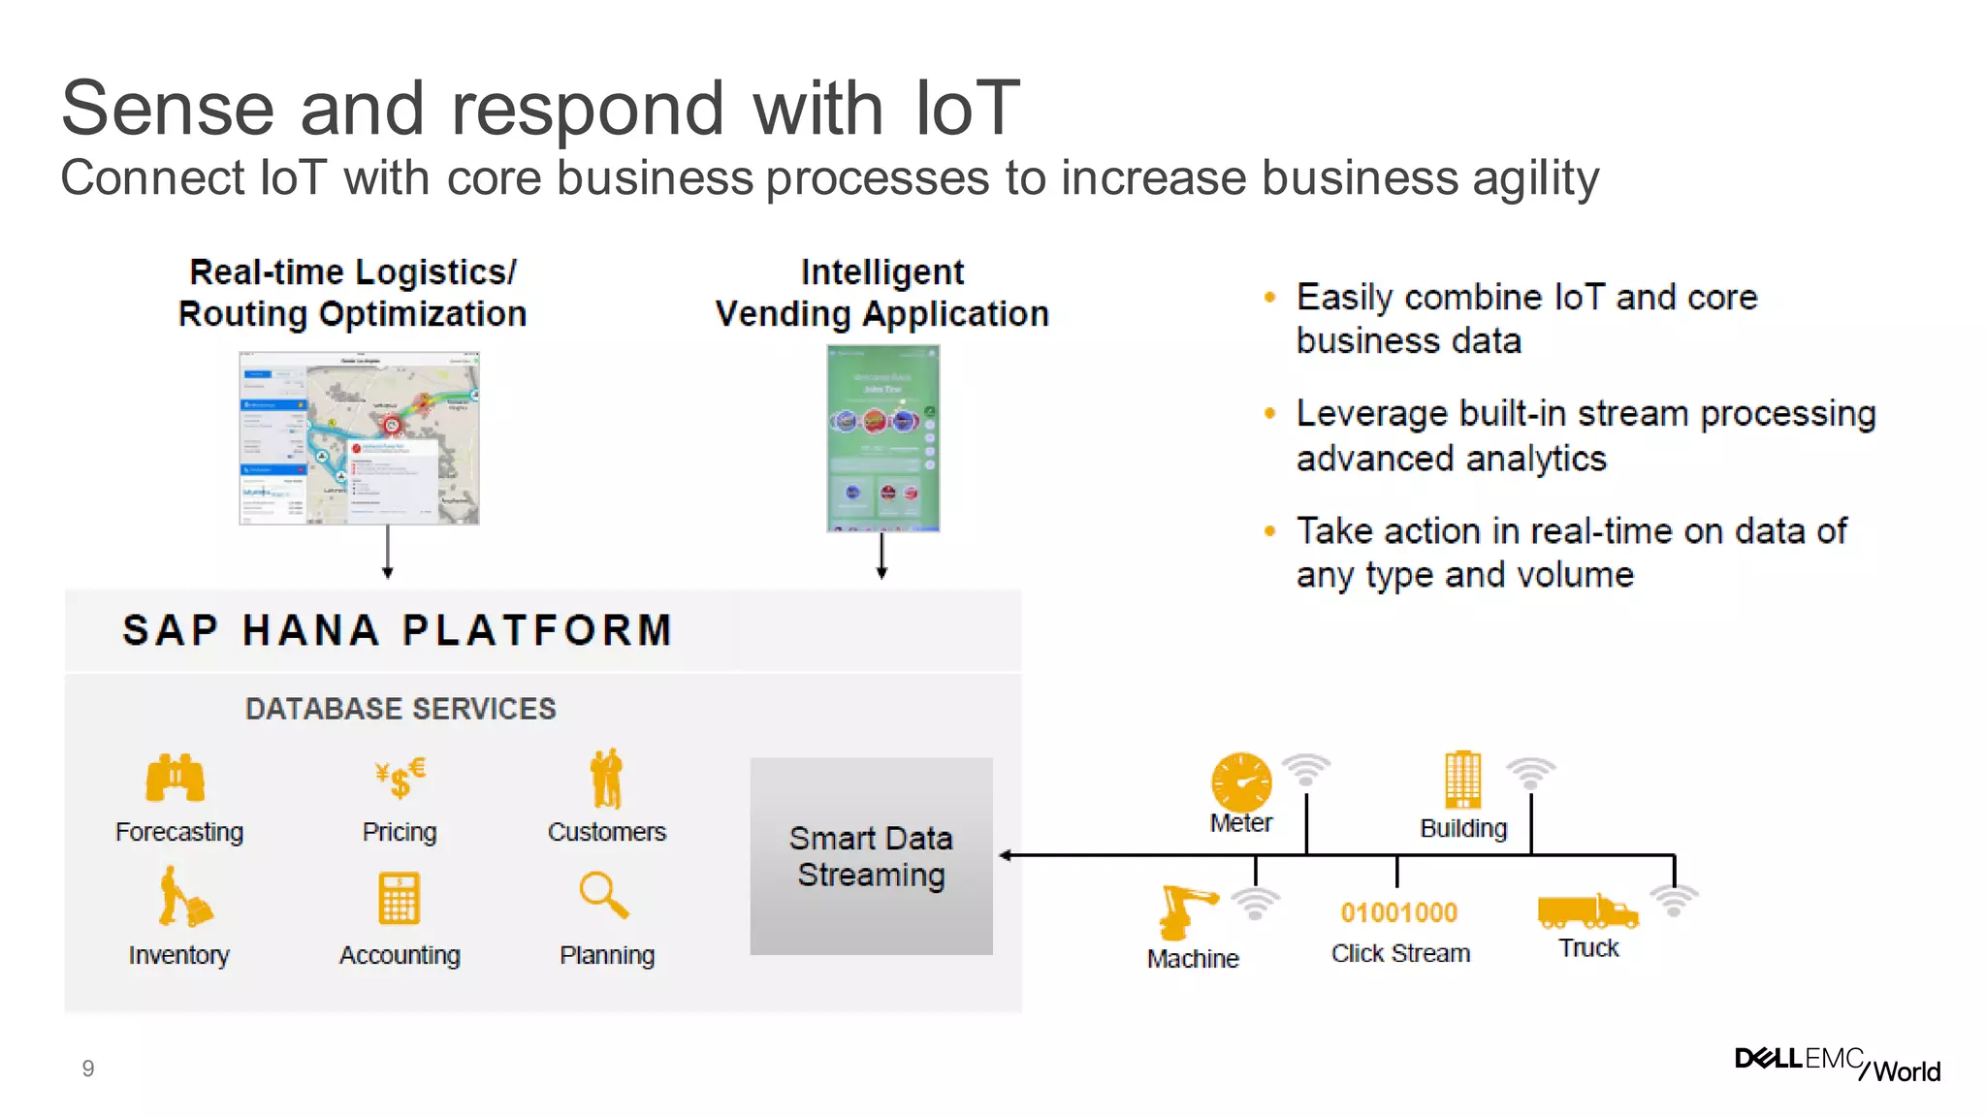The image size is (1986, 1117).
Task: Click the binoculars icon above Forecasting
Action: tap(176, 778)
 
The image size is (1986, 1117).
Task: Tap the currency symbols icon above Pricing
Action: tap(400, 778)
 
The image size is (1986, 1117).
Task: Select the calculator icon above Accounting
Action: tap(399, 898)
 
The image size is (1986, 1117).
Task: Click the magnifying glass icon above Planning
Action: tap(603, 895)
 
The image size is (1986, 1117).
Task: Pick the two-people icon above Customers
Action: tap(607, 779)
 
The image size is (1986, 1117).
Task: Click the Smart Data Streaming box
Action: tap(871, 855)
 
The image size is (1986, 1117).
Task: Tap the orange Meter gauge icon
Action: tap(1241, 782)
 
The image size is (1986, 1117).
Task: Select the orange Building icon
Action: tap(1462, 780)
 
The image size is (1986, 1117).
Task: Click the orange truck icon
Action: tap(1586, 911)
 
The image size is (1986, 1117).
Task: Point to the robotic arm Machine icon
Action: tap(1186, 911)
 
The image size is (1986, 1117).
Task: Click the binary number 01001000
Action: tap(1398, 912)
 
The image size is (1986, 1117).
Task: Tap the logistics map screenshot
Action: tap(360, 438)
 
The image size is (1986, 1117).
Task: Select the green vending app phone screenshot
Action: tap(882, 438)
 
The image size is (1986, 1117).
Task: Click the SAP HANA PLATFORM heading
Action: tap(398, 630)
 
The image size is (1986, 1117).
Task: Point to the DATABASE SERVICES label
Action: tap(400, 709)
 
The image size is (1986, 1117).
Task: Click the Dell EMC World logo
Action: tap(1837, 1064)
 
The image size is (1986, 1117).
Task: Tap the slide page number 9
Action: tap(88, 1069)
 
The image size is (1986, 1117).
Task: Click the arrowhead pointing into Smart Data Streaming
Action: tap(1006, 855)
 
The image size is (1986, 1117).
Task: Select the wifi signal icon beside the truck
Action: tap(1674, 900)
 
